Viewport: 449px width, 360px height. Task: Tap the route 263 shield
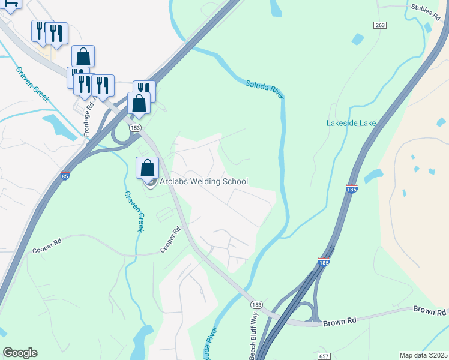(379, 25)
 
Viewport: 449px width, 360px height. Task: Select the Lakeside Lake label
(351, 123)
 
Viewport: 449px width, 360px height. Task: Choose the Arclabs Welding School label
(203, 181)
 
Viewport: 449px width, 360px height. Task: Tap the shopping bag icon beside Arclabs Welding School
(148, 169)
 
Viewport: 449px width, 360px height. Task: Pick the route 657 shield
(324, 356)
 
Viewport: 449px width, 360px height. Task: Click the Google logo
(20, 353)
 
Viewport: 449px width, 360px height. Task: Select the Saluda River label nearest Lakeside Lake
(265, 88)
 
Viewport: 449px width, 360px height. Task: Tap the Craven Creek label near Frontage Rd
(32, 84)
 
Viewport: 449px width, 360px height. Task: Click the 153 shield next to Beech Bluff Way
(256, 304)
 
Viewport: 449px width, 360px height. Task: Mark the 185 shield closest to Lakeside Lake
(352, 189)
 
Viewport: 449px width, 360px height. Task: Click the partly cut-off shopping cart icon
(11, 3)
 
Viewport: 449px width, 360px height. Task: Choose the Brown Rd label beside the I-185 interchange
(340, 321)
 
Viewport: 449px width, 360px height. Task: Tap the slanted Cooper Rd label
(170, 240)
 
